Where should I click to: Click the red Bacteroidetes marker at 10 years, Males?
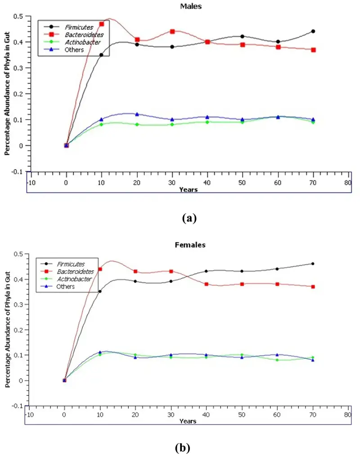pos(102,24)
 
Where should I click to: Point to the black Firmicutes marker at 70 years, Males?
pos(313,31)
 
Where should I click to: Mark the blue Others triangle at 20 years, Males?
pos(137,114)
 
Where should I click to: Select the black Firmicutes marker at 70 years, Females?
pos(313,264)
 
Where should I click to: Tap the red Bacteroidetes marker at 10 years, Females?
pos(100,269)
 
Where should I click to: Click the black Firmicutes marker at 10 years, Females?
pos(100,291)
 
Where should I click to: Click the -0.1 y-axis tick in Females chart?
pos(18,406)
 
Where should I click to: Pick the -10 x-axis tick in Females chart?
pos(29,414)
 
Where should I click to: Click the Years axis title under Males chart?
pos(188,190)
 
